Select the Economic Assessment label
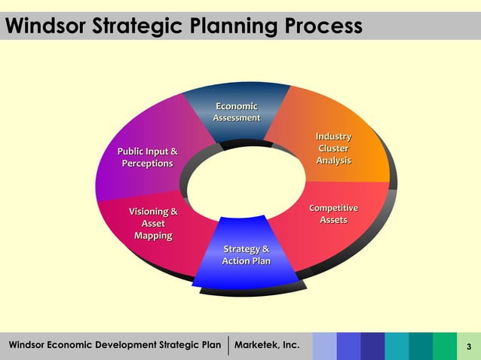tap(237, 111)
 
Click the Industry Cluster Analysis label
tap(333, 148)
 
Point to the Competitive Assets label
tap(333, 213)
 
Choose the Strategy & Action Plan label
tap(246, 255)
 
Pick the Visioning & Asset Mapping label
tap(153, 224)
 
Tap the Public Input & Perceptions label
tap(148, 157)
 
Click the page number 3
tap(469, 346)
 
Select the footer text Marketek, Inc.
tap(267, 346)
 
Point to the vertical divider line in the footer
tap(228, 346)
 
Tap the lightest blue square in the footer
tap(324, 346)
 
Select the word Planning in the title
tap(228, 27)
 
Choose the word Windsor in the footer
tap(26, 346)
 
